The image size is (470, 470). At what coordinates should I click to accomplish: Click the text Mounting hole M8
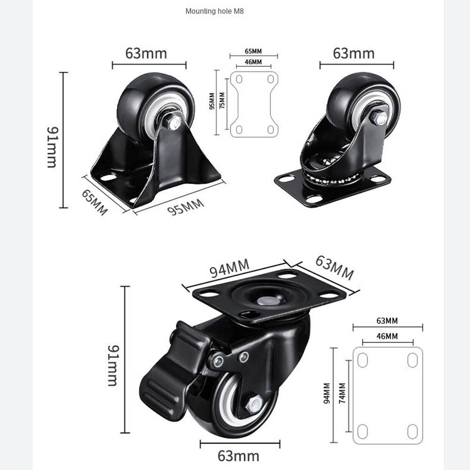click(x=214, y=11)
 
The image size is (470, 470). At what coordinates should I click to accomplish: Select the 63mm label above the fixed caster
click(x=146, y=54)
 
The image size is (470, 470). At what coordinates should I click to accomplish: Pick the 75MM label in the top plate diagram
click(x=222, y=100)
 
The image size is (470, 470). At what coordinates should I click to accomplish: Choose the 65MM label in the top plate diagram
click(x=253, y=51)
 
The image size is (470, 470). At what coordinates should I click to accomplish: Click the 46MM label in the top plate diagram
click(x=253, y=62)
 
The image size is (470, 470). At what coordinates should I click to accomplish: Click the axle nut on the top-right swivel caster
click(x=378, y=118)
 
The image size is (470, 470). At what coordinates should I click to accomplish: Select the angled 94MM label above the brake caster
click(x=229, y=268)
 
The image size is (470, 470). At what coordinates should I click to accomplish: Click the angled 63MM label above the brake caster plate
click(x=334, y=267)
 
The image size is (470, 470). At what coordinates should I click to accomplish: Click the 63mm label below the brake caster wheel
click(x=239, y=455)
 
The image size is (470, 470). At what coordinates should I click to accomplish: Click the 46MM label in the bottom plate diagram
click(x=387, y=336)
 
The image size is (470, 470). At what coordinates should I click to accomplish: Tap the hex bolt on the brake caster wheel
click(x=254, y=404)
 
